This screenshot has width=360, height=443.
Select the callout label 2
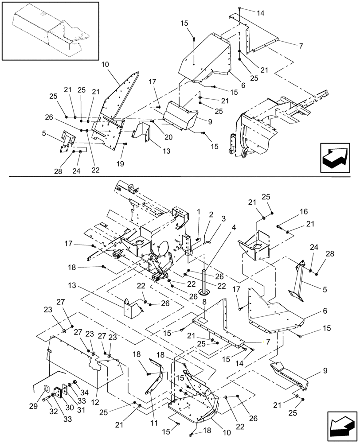pos(211,214)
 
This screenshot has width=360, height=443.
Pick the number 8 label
pos(204,303)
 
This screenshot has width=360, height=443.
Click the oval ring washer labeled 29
pos(47,389)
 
